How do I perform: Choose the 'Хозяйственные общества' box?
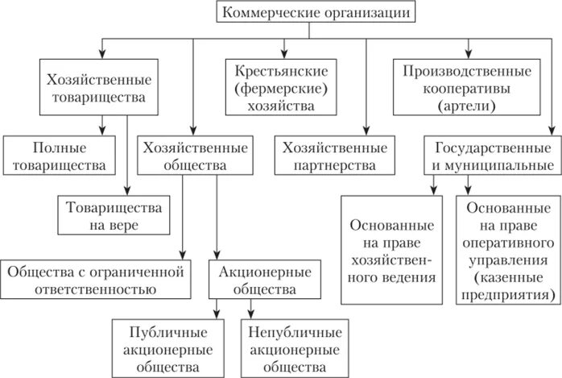(193, 157)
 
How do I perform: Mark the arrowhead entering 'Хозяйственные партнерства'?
(366, 131)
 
